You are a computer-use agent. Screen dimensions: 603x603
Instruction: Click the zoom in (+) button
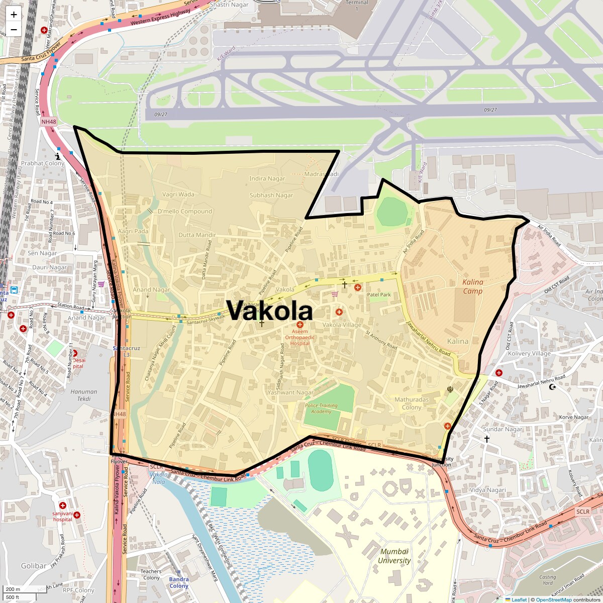coord(14,15)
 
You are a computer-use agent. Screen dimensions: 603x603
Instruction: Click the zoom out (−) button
coord(14,30)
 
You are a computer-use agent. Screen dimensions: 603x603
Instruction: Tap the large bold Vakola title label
coord(269,311)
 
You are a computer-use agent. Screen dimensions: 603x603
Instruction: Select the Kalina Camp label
coord(472,286)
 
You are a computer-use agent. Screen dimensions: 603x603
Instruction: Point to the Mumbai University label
coord(394,556)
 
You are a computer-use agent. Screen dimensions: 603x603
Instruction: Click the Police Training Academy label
coord(321,409)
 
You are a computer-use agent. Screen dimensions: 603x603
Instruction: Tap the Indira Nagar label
coord(267,178)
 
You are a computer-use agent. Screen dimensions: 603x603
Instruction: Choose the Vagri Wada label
coord(178,194)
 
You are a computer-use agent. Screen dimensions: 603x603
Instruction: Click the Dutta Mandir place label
coord(197,235)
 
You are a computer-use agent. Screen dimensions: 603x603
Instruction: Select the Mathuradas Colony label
coord(412,404)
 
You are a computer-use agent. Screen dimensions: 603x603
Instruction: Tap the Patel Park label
coord(379,294)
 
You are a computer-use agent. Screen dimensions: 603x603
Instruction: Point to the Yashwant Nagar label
coord(290,392)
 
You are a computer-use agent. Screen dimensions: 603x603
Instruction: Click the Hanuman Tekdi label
coord(84,395)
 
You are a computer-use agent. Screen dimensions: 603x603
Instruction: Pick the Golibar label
coord(34,566)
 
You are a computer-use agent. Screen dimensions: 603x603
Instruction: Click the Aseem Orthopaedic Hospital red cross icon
coord(300,325)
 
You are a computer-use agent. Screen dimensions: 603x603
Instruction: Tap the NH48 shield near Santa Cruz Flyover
coord(48,122)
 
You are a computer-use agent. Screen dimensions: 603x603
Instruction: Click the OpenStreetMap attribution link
coord(553,599)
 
